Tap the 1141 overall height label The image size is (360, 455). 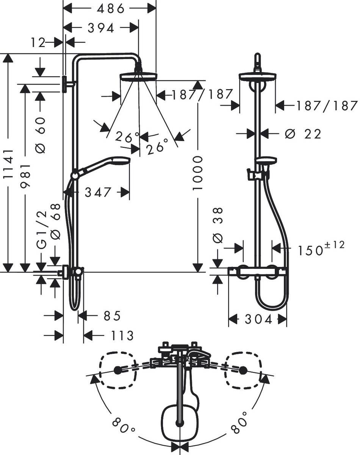(x=8, y=164)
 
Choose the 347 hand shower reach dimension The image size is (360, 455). (x=98, y=193)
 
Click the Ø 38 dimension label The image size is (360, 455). (x=219, y=225)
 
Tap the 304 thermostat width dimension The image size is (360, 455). (x=258, y=320)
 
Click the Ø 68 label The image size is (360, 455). (x=56, y=222)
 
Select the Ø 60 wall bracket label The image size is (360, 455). (x=41, y=135)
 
